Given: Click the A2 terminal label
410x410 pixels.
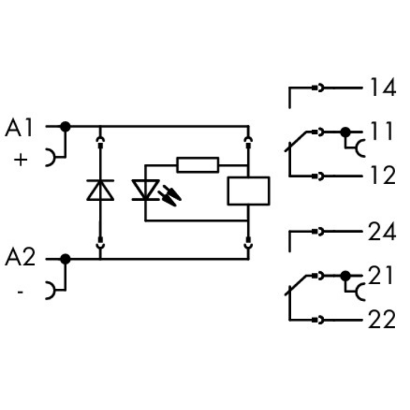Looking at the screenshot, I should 20,257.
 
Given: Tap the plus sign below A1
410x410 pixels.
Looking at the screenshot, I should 20,160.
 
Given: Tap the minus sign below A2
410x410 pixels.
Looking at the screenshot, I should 20,292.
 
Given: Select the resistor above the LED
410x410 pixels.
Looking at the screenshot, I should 197,164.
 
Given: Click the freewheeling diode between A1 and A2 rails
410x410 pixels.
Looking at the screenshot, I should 101,190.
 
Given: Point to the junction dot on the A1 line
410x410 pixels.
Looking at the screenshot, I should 66,126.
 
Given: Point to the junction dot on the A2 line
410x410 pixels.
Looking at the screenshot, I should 66,259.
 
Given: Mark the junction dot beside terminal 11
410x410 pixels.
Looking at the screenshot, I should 345,132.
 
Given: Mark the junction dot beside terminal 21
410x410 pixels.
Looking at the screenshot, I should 345,277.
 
